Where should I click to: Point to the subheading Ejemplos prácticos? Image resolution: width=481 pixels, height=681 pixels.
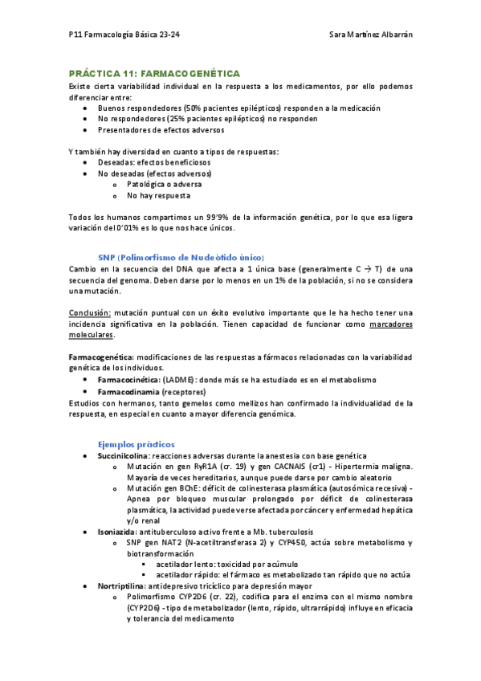coord(136,444)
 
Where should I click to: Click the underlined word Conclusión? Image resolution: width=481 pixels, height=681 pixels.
coord(89,312)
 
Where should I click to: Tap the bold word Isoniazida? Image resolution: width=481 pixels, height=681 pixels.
coord(118,532)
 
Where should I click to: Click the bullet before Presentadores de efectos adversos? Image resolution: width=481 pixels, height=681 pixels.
coord(86,129)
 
